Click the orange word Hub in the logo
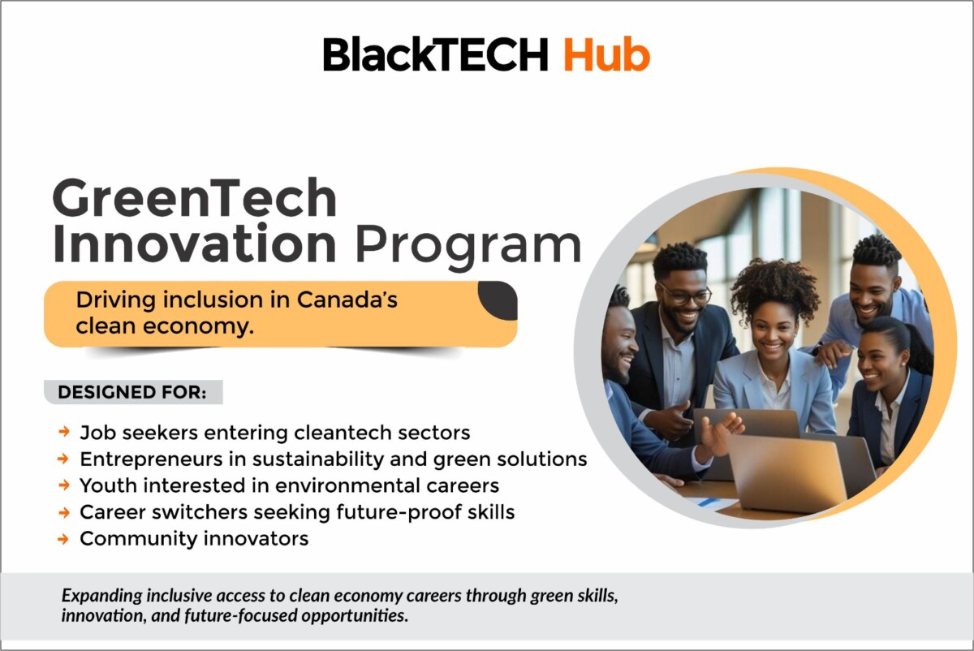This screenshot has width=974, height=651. point(606,54)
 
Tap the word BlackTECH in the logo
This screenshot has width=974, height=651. point(436,54)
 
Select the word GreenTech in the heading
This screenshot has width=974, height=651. point(194,198)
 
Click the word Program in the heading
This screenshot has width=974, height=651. point(468,247)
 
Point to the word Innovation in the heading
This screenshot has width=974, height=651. point(194,243)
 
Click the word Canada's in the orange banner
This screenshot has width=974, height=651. point(347,300)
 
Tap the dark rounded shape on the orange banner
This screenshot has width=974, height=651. point(498,300)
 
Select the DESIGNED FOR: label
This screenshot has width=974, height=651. point(132,392)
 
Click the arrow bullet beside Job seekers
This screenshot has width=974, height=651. point(64,433)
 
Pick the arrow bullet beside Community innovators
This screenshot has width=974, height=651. point(64,539)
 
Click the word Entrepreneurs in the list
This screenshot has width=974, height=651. point(151,459)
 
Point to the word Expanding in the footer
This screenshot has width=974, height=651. point(101,596)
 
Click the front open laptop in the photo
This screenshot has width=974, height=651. point(787,472)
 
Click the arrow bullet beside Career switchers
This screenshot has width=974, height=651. point(64,513)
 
